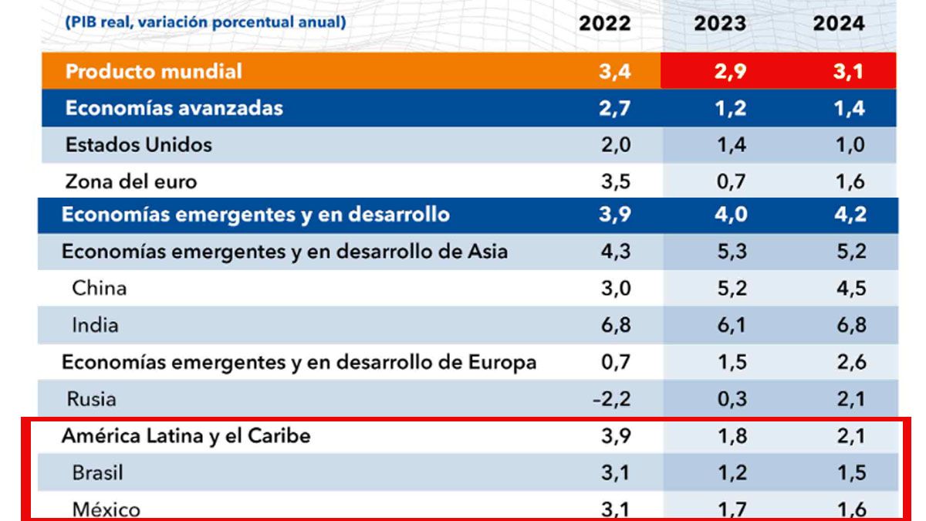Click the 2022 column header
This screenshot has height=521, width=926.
coord(604,23)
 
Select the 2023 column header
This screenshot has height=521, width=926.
coord(720,23)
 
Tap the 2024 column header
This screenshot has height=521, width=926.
coord(839,23)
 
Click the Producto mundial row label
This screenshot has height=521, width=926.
coord(154,72)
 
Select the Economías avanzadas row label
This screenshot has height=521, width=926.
coord(174,108)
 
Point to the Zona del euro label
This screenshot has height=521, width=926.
coord(131,181)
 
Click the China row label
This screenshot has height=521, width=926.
coord(99,288)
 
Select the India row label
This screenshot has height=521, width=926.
coord(95,325)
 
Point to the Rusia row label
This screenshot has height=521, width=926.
coord(92,399)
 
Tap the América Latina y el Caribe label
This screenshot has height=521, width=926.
coord(186,435)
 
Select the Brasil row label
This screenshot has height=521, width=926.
coord(97,472)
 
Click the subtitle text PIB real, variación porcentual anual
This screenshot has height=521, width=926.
coord(204,22)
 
